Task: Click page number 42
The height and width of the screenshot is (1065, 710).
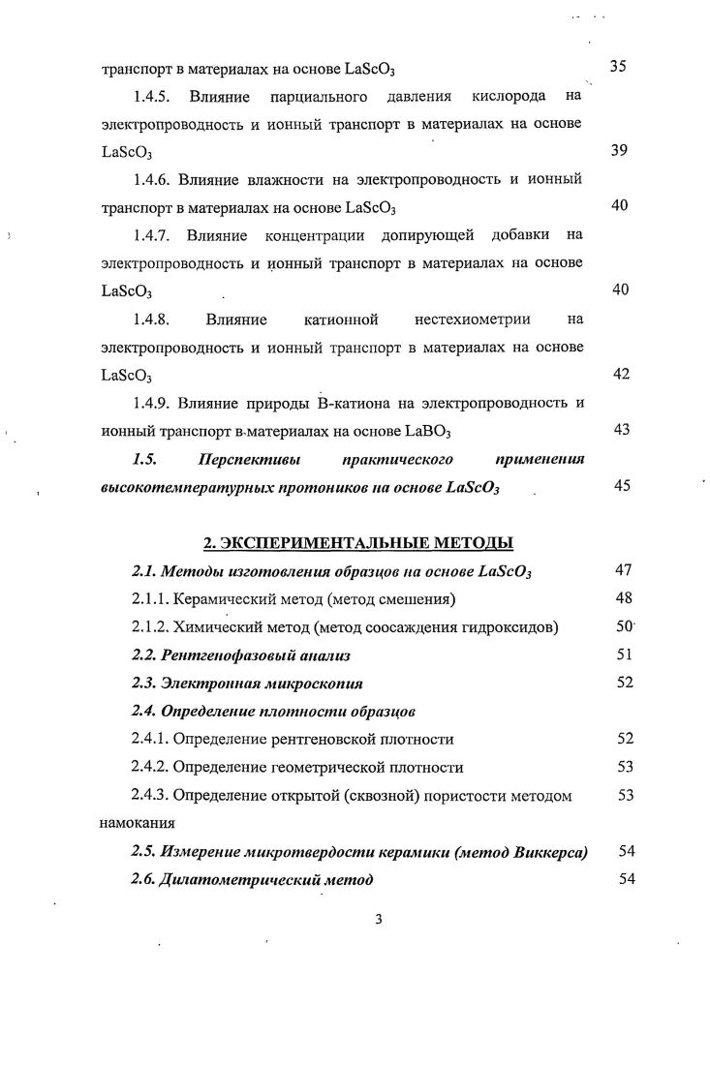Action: [621, 374]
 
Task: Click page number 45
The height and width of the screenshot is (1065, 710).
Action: [621, 486]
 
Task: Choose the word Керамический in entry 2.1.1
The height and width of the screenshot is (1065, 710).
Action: [219, 599]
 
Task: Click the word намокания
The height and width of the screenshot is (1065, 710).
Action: [138, 824]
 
